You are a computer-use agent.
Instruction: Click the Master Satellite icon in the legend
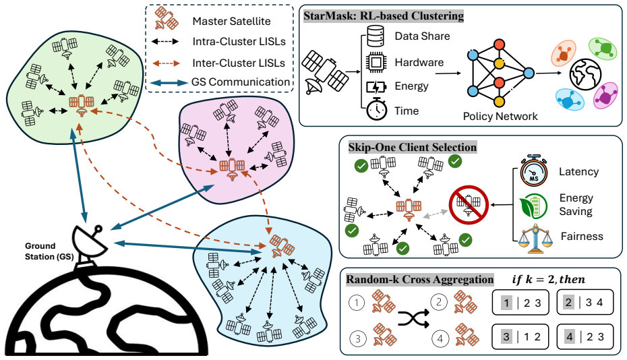167,18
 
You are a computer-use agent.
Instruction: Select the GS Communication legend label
240,82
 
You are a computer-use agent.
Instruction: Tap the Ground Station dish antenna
90,241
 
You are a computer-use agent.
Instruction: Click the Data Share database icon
375,36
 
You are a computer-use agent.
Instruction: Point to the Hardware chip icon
376,62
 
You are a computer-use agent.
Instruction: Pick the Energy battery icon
376,87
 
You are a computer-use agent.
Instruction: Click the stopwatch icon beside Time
377,109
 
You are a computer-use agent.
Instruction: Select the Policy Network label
500,117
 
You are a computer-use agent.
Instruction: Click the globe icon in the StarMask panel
585,75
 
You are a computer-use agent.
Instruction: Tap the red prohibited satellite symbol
469,205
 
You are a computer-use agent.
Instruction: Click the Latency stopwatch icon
533,171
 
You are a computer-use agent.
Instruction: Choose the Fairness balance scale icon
535,239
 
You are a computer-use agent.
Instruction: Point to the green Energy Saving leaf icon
533,206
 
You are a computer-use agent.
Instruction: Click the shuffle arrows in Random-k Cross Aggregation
413,319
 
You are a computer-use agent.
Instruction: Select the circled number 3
357,338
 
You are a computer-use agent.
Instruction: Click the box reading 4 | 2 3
585,336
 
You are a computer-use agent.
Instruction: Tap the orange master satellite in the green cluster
82,104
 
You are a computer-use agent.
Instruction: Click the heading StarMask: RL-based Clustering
384,16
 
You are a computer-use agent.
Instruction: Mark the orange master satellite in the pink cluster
232,169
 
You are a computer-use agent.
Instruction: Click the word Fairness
582,237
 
